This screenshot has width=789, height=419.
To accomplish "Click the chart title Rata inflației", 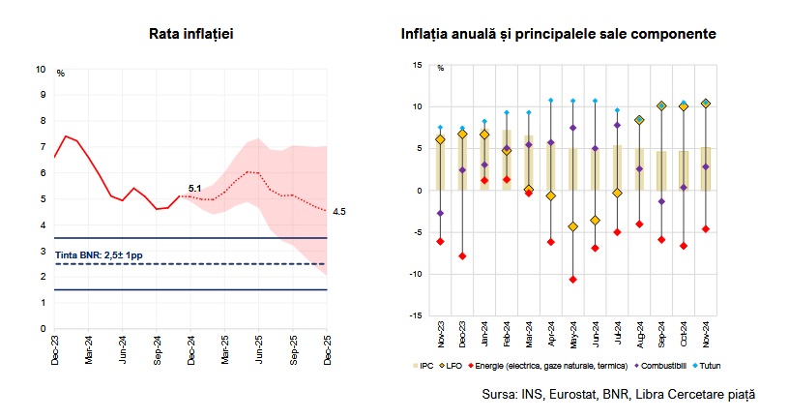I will [190, 34].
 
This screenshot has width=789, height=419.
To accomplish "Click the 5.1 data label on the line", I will [194, 188].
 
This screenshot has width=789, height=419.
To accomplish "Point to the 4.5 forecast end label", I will [339, 211].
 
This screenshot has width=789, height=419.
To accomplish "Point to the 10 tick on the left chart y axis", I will [41, 70].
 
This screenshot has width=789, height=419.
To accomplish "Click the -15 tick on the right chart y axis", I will [416, 315].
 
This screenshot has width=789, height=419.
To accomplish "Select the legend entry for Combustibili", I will [660, 366].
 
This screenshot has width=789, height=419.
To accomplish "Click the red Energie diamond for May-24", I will [572, 280].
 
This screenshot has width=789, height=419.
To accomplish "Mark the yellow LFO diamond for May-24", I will [572, 226].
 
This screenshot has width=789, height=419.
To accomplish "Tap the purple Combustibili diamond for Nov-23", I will [441, 213].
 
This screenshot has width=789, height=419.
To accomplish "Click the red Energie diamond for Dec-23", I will [462, 255].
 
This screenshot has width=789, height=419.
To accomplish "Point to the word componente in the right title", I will [669, 34].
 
